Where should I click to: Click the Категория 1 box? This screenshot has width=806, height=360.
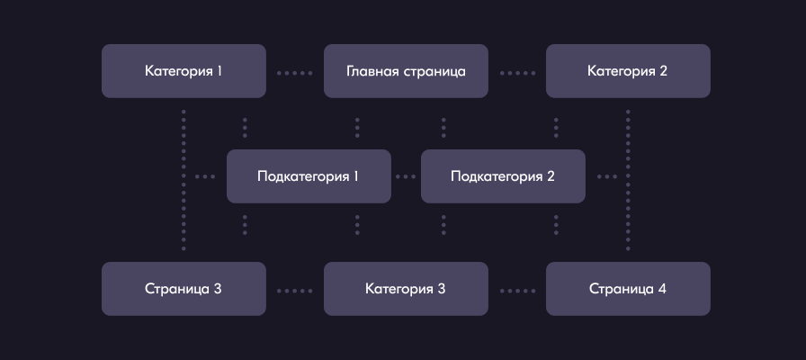point(184,70)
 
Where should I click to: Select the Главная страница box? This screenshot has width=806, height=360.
point(406,70)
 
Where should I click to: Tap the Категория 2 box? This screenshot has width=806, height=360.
point(628,70)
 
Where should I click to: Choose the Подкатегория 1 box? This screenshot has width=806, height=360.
point(309,176)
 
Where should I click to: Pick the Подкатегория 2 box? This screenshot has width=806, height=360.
point(503,176)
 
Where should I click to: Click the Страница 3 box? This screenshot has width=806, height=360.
point(184,289)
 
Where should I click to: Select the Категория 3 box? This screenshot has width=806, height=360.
point(406,289)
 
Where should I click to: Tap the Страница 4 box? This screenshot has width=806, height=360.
point(628,289)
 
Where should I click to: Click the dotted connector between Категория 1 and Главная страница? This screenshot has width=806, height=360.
point(294,71)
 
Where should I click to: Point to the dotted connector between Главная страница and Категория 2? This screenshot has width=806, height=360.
point(516,71)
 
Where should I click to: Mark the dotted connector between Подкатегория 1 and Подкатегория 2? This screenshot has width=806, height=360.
point(406,176)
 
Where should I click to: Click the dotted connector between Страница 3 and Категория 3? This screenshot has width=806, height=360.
point(294,290)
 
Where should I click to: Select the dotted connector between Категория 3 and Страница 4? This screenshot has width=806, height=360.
point(516,290)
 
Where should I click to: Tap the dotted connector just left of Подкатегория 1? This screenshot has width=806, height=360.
point(205,176)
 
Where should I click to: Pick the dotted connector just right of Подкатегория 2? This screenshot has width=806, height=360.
point(606,176)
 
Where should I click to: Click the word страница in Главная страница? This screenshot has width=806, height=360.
point(434,71)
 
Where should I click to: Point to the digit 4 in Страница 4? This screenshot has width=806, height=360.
point(662,289)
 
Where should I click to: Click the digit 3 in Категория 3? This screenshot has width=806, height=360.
point(441,289)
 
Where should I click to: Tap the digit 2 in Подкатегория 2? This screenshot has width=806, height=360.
point(551,176)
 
